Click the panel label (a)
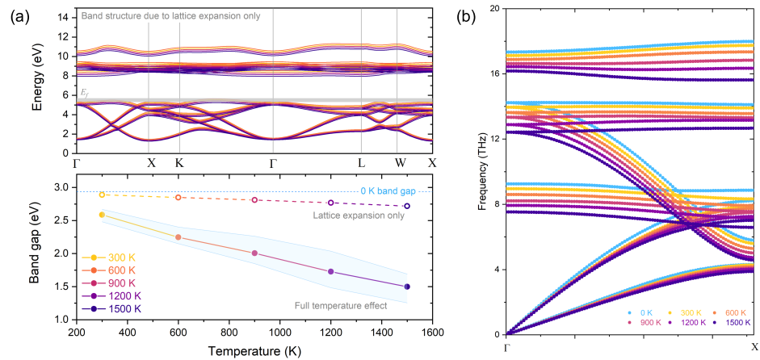pyautogui.click(x=18, y=14)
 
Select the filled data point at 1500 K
pyautogui.click(x=406, y=287)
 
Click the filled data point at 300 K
pyautogui.click(x=102, y=215)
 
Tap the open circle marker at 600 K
pyautogui.click(x=178, y=197)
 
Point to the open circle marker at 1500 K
pyautogui.click(x=406, y=206)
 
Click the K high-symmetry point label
pyautogui.click(x=178, y=162)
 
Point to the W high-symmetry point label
pyautogui.click(x=397, y=162)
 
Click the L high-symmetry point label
pyautogui.click(x=361, y=162)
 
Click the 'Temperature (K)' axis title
pyautogui.click(x=254, y=351)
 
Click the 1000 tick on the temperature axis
pyautogui.click(x=280, y=332)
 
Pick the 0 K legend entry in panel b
pyautogui.click(x=643, y=312)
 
